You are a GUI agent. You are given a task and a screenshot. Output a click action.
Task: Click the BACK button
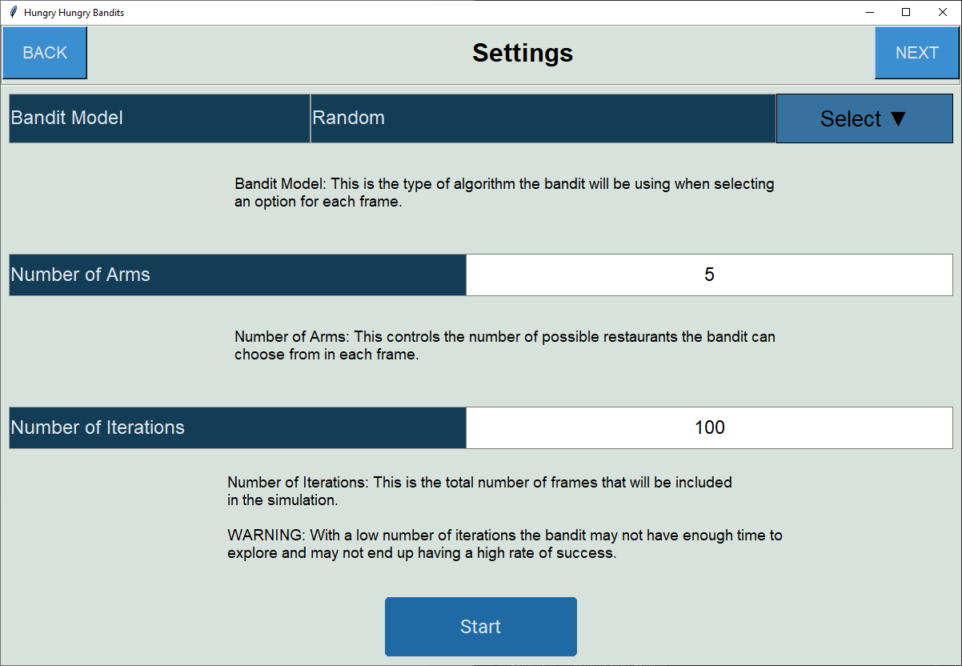tap(45, 53)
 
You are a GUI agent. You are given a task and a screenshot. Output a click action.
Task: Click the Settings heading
tap(522, 53)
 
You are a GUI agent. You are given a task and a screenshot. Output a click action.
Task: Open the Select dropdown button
tap(864, 118)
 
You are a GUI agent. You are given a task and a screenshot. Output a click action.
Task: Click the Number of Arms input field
tap(709, 275)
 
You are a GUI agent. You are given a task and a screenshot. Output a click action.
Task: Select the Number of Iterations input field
tap(709, 427)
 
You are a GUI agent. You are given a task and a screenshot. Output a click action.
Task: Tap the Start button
tap(480, 627)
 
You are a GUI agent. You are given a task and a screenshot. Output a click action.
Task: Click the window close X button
tap(943, 12)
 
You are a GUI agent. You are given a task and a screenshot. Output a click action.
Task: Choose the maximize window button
tap(906, 12)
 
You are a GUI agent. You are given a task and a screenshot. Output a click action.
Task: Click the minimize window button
tap(869, 12)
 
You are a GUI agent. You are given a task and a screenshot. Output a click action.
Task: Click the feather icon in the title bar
tap(13, 13)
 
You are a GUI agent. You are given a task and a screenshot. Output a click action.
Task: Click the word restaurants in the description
tap(583, 337)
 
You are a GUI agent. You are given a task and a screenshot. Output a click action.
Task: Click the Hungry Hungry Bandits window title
tap(74, 13)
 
